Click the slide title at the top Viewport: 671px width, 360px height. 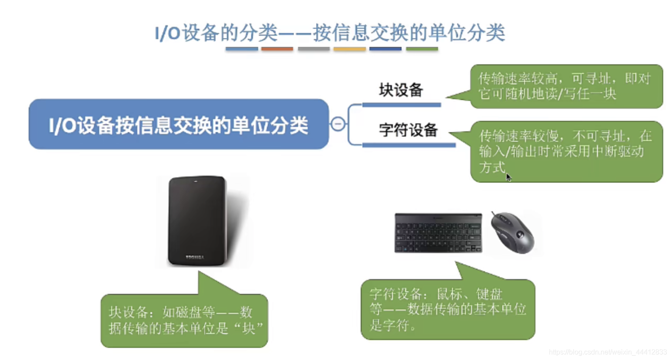(x=329, y=33)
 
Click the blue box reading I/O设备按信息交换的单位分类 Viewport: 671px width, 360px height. (x=179, y=124)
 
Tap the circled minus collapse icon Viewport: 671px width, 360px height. (x=338, y=124)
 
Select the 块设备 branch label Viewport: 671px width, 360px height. (x=401, y=90)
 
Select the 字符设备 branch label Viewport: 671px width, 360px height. (x=408, y=130)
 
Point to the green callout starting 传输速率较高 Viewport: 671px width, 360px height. (x=566, y=86)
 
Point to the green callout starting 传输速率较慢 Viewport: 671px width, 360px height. (x=566, y=151)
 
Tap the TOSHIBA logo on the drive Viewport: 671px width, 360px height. (x=195, y=257)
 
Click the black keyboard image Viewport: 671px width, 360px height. (x=438, y=233)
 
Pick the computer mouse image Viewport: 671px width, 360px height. (x=512, y=232)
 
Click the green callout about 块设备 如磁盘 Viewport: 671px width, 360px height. (x=184, y=320)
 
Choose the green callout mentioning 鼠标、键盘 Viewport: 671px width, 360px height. (x=448, y=309)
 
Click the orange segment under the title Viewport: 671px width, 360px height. (x=277, y=49)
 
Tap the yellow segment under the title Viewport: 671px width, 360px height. (x=349, y=49)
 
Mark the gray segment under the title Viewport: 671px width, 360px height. (x=313, y=49)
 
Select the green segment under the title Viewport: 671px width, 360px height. (x=422, y=49)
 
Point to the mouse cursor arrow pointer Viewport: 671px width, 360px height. (x=508, y=177)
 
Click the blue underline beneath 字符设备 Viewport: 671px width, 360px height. (x=409, y=145)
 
